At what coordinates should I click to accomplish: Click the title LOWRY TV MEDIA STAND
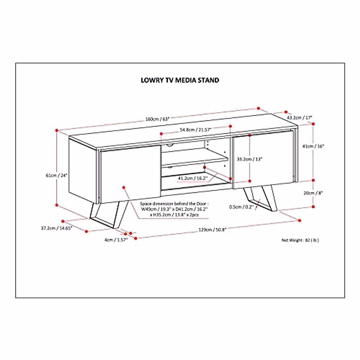click(x=180, y=80)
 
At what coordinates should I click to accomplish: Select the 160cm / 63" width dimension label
click(x=157, y=119)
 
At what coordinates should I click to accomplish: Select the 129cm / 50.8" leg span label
click(x=212, y=230)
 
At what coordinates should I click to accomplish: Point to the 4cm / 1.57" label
click(x=116, y=239)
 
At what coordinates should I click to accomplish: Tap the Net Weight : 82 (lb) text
click(x=300, y=240)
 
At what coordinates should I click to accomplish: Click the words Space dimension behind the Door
click(x=174, y=203)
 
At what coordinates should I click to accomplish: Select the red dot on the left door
click(x=124, y=187)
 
